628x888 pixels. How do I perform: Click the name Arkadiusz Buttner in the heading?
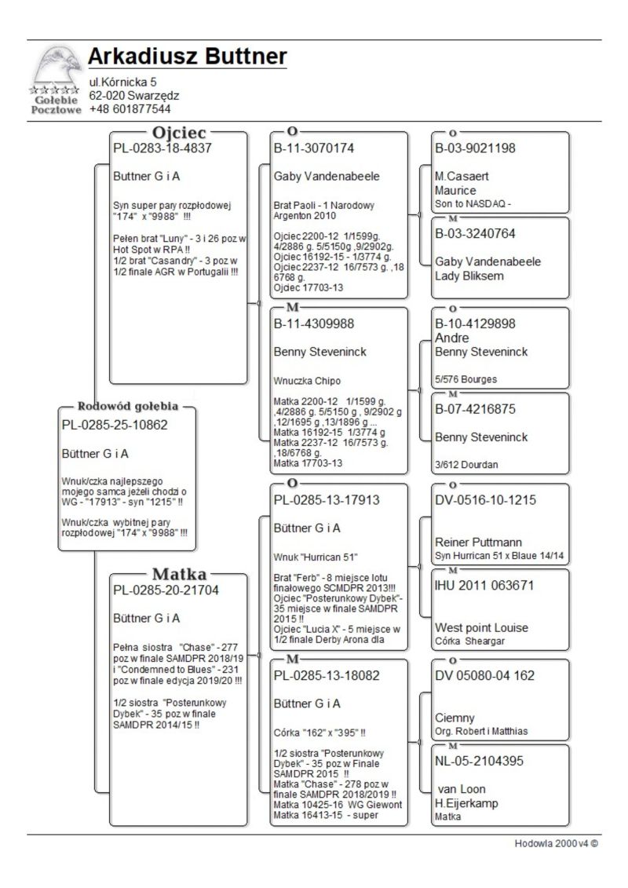coord(187,57)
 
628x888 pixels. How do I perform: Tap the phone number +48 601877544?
coord(130,109)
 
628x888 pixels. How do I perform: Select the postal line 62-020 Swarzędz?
coord(133,96)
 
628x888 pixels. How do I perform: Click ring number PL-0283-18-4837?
coord(162,148)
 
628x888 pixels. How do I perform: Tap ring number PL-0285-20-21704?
coord(166,590)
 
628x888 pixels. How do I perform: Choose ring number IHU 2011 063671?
coord(484,585)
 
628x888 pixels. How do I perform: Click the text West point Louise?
coord(481,627)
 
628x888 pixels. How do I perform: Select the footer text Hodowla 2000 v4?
coord(556,843)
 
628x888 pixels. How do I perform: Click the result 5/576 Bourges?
coord(466,379)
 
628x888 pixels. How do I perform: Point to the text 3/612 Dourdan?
coord(466,464)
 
